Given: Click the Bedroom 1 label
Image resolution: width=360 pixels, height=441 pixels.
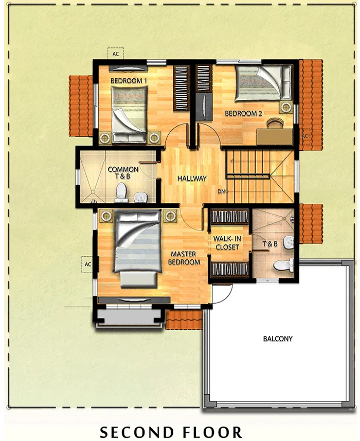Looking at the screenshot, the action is [x=129, y=81].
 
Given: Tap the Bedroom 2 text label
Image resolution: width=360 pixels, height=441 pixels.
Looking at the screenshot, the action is [x=243, y=113].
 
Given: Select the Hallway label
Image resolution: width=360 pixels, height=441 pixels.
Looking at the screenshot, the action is [x=192, y=179].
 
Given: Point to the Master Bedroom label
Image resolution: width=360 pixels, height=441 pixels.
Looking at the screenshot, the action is [x=184, y=258].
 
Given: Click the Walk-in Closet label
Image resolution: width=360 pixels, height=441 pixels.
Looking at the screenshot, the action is [x=227, y=243].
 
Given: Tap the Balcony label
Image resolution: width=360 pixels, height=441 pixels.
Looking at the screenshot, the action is [x=278, y=339].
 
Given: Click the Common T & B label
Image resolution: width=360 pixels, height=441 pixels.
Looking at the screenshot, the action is [x=123, y=173].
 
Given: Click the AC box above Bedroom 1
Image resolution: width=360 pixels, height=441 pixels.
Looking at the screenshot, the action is [x=116, y=54].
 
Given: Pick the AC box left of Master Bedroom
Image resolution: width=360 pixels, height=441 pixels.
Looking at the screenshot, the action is [x=88, y=264].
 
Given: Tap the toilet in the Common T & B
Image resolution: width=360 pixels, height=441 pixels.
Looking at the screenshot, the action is [x=121, y=192].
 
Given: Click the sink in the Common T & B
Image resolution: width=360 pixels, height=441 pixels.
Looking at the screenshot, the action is [x=140, y=197].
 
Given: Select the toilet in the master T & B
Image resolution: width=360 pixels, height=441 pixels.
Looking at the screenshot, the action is [x=284, y=265].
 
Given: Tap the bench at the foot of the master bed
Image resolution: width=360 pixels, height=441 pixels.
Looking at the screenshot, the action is [x=138, y=279].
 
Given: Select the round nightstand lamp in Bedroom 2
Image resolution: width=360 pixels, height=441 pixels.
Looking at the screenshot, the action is [x=286, y=107].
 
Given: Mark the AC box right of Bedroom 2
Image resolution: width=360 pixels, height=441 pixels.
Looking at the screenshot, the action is [x=305, y=136].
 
